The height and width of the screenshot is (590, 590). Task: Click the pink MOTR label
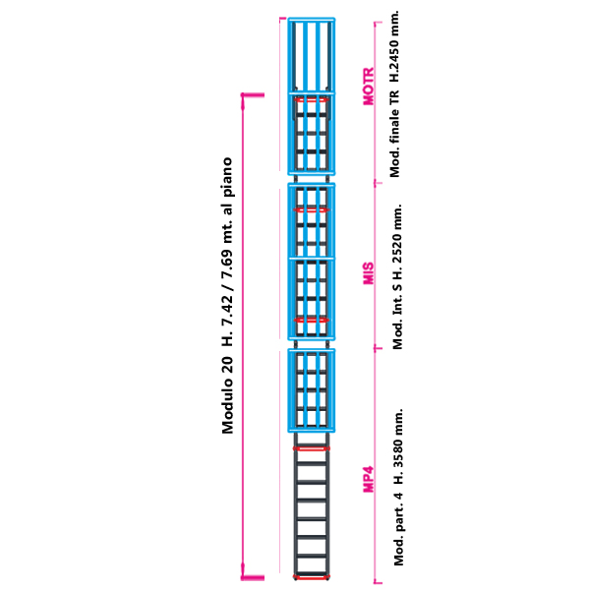369,87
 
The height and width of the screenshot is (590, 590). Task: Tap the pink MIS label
369,273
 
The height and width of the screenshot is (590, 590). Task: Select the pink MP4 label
369,479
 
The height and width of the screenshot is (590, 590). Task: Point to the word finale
394,126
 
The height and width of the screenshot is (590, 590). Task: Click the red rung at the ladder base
311,577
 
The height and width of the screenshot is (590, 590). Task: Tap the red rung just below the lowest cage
311,448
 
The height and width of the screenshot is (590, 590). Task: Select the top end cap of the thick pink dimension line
253,94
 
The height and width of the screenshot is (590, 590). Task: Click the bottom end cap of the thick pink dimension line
253,578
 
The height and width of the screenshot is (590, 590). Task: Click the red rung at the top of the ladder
311,99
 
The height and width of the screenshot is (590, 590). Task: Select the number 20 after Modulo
227,365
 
